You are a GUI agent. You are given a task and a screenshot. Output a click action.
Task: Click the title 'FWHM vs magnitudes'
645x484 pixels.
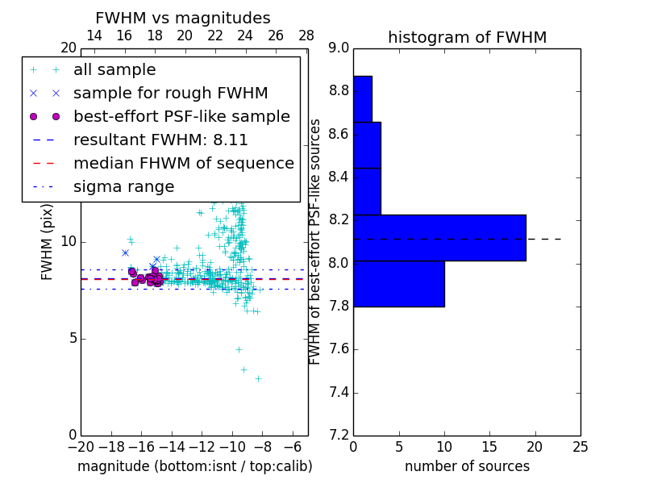pyautogui.click(x=183, y=18)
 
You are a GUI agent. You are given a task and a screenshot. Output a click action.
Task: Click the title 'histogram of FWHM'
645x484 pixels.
pyautogui.click(x=467, y=37)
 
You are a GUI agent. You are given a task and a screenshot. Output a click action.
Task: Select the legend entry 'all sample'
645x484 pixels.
pyautogui.click(x=114, y=70)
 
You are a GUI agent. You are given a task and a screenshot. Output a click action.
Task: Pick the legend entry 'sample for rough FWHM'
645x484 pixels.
pyautogui.click(x=170, y=93)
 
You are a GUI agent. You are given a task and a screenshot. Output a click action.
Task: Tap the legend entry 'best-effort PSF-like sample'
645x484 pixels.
pyautogui.click(x=181, y=116)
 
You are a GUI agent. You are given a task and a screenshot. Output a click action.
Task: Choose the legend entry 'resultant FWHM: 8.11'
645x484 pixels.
pyautogui.click(x=160, y=140)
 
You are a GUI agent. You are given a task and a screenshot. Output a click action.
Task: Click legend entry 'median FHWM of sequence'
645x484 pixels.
pyautogui.click(x=183, y=163)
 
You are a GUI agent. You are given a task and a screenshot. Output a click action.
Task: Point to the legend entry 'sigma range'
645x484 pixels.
pyautogui.click(x=123, y=186)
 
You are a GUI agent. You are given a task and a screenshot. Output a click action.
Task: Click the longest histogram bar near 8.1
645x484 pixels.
pyautogui.click(x=439, y=238)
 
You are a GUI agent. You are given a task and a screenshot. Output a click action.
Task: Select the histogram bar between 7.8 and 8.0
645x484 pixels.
pyautogui.click(x=398, y=284)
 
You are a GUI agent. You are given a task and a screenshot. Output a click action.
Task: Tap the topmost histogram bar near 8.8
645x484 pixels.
pyautogui.click(x=362, y=98)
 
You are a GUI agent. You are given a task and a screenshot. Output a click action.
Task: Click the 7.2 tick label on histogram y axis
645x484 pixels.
pyautogui.click(x=339, y=436)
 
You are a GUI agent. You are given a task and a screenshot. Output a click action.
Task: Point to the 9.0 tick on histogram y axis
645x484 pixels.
pyautogui.click(x=339, y=48)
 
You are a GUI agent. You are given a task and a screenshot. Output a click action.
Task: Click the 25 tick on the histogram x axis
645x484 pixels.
pyautogui.click(x=580, y=446)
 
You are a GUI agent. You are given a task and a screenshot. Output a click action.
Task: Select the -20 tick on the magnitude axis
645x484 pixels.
pyautogui.click(x=81, y=446)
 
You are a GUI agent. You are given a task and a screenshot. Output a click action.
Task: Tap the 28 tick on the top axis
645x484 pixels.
pyautogui.click(x=306, y=35)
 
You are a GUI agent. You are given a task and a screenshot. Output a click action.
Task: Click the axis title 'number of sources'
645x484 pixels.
pyautogui.click(x=467, y=466)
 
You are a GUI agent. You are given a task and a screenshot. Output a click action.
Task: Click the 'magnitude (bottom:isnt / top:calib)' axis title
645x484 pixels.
pyautogui.click(x=194, y=466)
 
